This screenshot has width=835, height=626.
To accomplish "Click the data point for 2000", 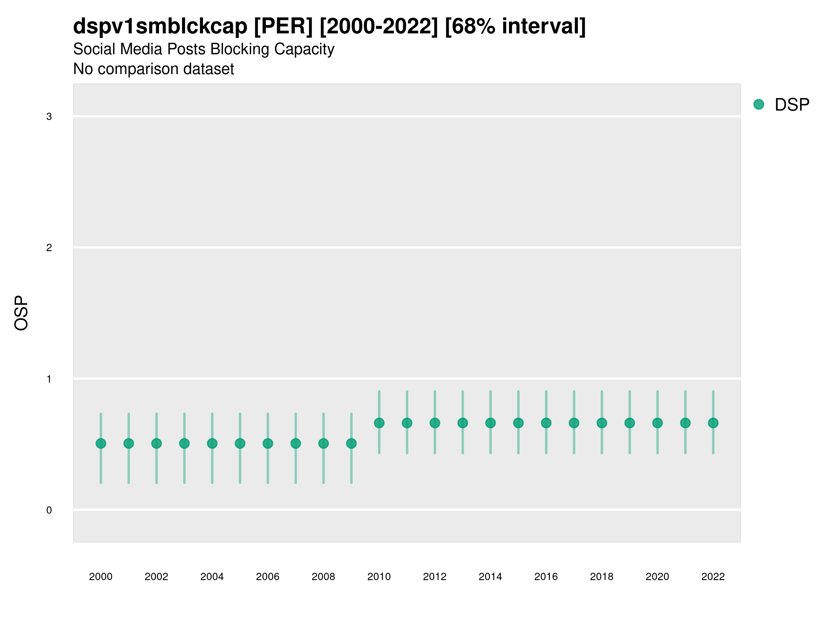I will tap(101, 443).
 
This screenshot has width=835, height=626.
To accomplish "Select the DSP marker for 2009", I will tap(351, 443).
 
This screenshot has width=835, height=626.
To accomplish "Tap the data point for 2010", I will tap(379, 423).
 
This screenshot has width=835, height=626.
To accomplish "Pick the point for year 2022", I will tap(713, 423).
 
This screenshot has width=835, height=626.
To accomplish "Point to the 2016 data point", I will tap(546, 423).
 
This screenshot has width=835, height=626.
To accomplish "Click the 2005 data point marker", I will tap(240, 443).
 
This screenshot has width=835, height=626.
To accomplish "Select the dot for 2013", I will tap(462, 423).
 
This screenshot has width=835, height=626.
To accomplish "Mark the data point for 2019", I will tap(629, 423).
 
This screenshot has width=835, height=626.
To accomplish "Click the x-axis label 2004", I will tap(212, 577).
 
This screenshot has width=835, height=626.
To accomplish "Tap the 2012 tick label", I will tap(435, 577).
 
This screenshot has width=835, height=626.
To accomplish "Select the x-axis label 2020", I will tap(657, 577).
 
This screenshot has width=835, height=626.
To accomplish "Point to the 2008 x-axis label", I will tap(323, 577).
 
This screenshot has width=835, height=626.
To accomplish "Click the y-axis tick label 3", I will tap(49, 117).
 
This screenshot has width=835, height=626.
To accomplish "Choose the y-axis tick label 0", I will tap(49, 510).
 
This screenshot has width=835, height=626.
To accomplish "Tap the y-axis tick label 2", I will tap(49, 248).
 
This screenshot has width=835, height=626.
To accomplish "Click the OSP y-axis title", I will tap(21, 313).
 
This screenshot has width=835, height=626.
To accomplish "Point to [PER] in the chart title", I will tap(283, 26).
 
